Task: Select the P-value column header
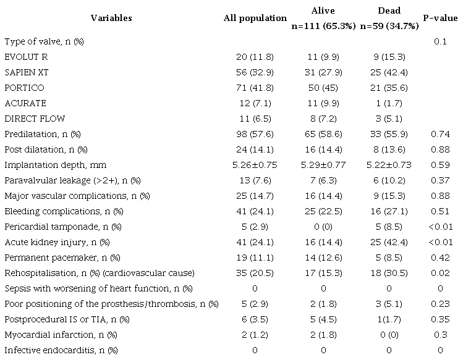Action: click(x=440, y=19)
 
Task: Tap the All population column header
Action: click(x=255, y=19)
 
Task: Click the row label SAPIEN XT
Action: click(x=25, y=72)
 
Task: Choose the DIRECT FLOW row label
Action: click(x=35, y=119)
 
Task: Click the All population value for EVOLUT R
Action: click(x=255, y=57)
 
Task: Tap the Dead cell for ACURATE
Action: click(x=389, y=103)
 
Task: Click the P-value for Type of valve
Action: click(x=440, y=41)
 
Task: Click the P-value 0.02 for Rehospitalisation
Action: click(x=440, y=273)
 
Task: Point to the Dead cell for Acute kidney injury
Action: click(x=389, y=242)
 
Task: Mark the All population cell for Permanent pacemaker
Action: click(x=255, y=257)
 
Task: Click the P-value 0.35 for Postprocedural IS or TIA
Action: click(x=440, y=319)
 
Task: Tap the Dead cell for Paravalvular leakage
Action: click(x=389, y=180)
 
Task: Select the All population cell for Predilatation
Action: click(x=255, y=134)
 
